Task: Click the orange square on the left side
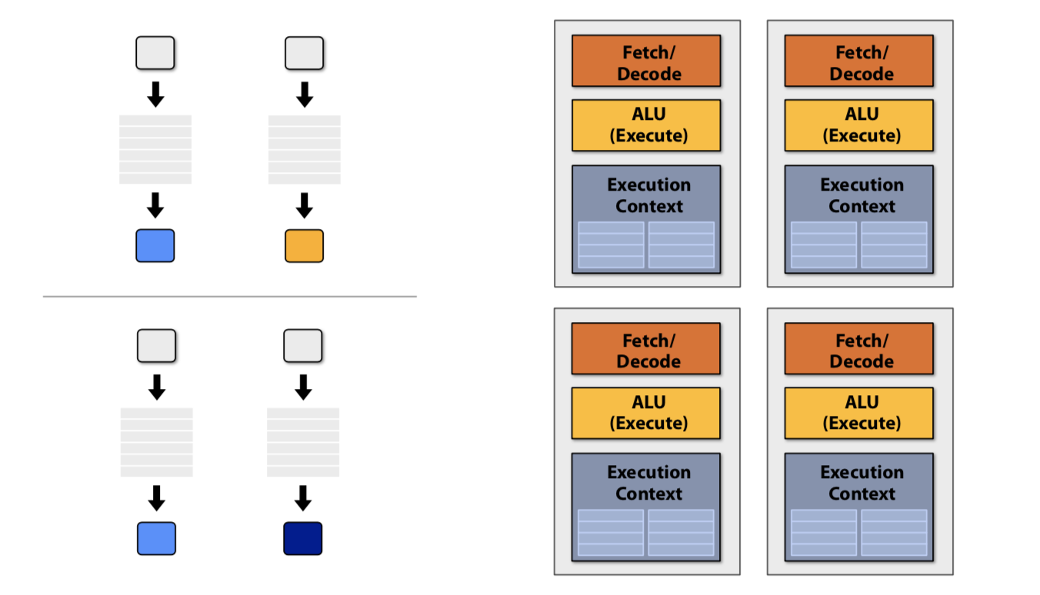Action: click(304, 245)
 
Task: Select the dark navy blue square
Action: click(303, 538)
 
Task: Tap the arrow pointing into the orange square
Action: click(304, 205)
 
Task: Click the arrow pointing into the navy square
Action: click(303, 498)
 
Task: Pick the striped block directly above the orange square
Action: click(304, 149)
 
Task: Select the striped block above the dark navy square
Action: click(303, 442)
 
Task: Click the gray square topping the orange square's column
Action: click(304, 53)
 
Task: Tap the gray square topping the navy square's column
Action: click(303, 346)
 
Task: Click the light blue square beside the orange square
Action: click(155, 245)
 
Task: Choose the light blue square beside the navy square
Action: click(156, 538)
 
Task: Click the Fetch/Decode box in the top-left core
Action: click(646, 61)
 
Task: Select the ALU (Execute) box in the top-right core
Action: click(859, 125)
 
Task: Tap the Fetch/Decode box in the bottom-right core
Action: click(859, 348)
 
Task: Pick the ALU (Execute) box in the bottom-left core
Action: click(646, 413)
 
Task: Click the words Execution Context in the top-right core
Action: click(862, 195)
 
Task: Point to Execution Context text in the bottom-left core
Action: click(648, 483)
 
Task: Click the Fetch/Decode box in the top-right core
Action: click(859, 61)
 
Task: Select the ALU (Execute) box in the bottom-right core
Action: click(859, 413)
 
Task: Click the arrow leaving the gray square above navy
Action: click(303, 387)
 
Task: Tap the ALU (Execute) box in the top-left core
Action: click(646, 125)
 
